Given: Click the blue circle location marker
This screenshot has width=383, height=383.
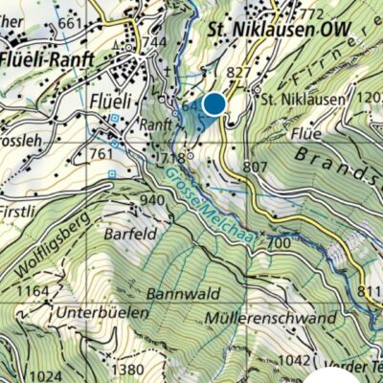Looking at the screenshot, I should [x=214, y=103].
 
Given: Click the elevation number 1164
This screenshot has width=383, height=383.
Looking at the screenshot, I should [x=33, y=290].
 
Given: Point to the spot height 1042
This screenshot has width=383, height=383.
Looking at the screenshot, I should [x=297, y=360].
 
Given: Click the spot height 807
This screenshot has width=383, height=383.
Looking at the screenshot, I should [x=256, y=166].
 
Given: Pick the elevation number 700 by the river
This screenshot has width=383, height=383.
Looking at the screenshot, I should [x=279, y=244].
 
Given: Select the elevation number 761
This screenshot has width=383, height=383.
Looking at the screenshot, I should [x=102, y=153].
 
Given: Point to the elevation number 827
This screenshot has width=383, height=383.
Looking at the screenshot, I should [x=239, y=73].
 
